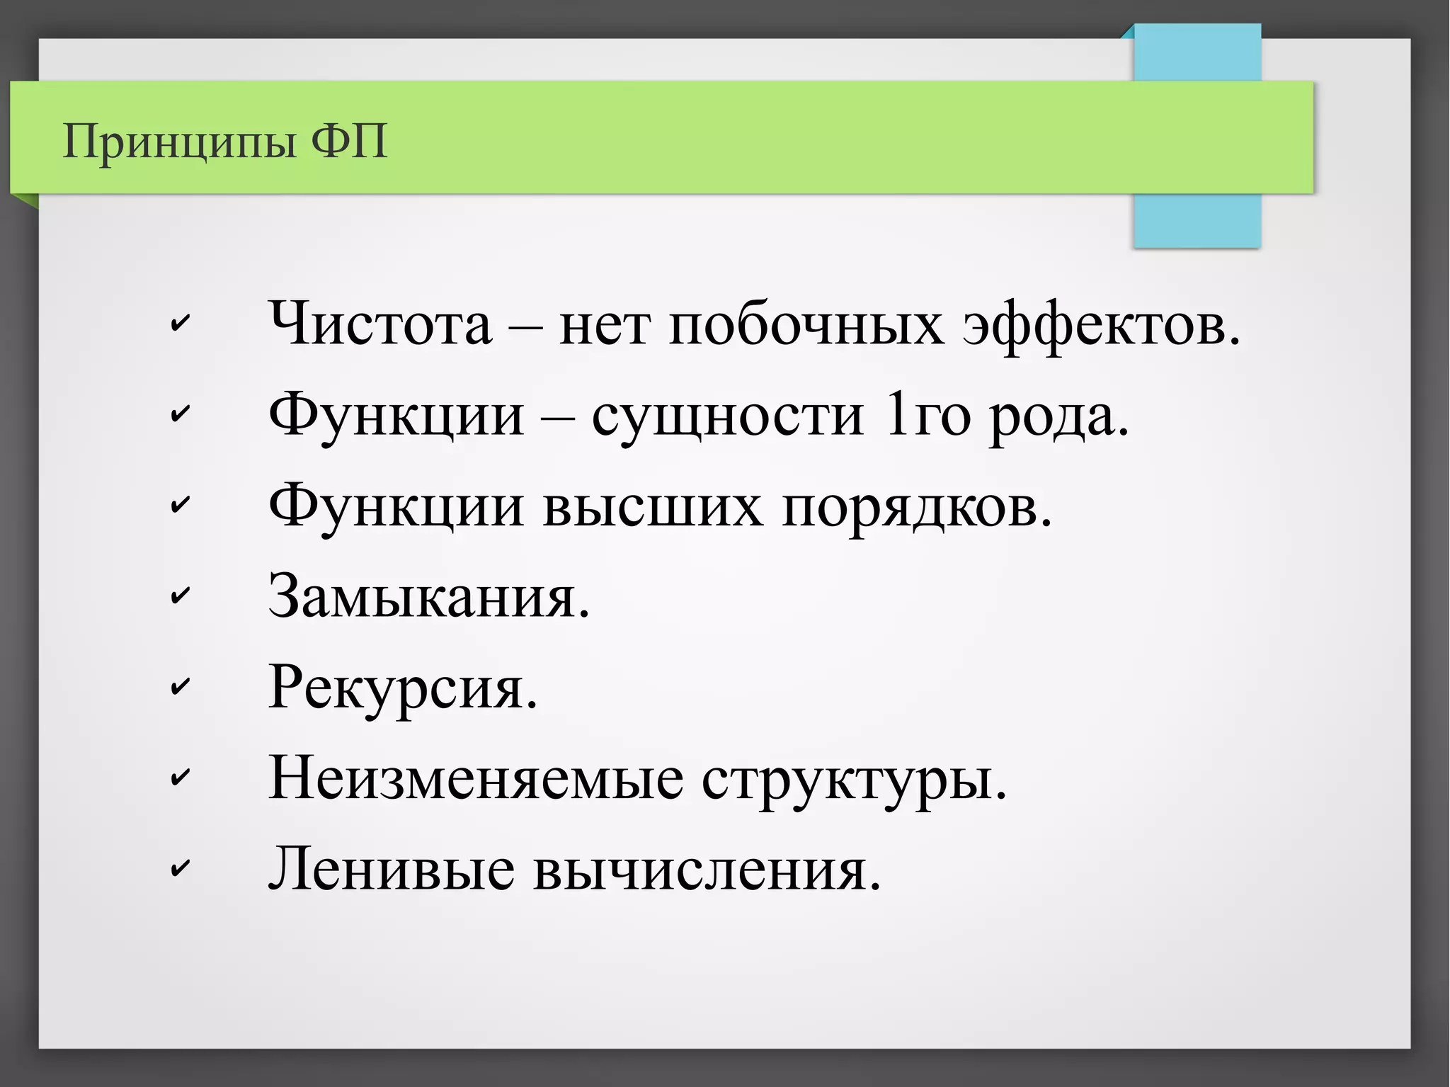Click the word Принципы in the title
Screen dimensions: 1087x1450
tap(178, 142)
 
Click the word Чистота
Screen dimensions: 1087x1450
tap(380, 324)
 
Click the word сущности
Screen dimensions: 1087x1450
tap(728, 416)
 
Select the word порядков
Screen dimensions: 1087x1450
tap(917, 508)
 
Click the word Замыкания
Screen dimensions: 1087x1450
tap(429, 596)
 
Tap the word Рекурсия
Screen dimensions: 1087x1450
tap(403, 688)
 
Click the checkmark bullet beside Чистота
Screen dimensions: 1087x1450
tap(181, 324)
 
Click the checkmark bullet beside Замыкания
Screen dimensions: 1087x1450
tap(181, 596)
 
